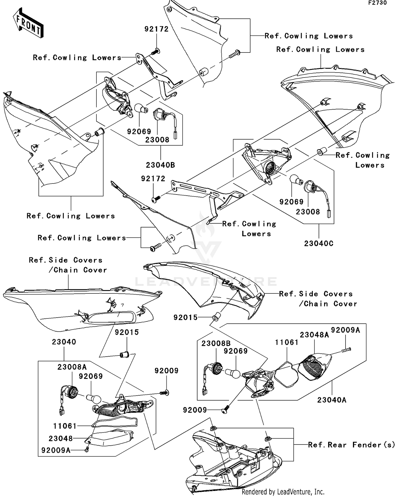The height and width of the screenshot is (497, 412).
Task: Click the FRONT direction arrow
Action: click(28, 23)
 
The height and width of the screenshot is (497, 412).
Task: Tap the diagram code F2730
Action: click(377, 3)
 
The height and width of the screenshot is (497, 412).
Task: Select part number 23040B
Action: click(160, 165)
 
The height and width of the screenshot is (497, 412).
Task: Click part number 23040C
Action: click(319, 243)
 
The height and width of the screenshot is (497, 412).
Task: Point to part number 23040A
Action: click(332, 400)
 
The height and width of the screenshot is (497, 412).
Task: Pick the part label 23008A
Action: click(72, 367)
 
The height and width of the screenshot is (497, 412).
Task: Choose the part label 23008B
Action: click(216, 344)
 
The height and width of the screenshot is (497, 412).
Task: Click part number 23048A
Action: click(314, 335)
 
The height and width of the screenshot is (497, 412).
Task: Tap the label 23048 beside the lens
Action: click(61, 438)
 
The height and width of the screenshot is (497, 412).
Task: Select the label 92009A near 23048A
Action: click(345, 330)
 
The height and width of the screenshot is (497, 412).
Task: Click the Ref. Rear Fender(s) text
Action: click(351, 445)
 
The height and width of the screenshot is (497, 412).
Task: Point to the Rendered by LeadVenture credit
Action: click(283, 492)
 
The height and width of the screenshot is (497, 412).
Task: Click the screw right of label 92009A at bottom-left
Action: click(87, 450)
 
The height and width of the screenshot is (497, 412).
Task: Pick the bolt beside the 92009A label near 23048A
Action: click(347, 350)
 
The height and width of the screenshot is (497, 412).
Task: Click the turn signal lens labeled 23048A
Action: click(314, 366)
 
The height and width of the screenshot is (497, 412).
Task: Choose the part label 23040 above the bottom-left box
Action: click(64, 342)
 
